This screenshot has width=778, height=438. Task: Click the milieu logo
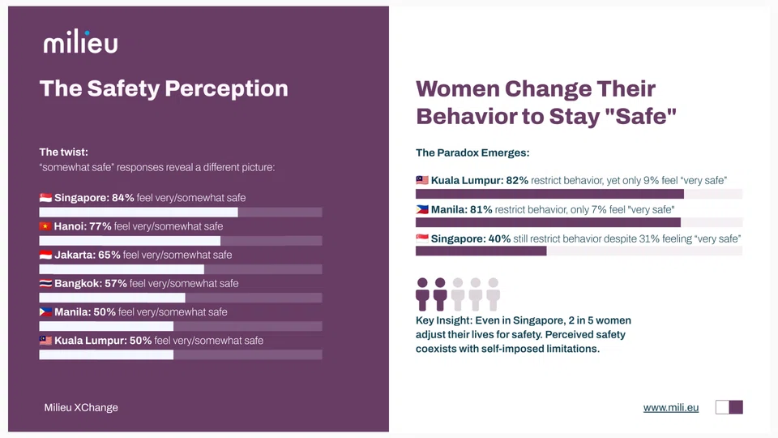tap(80, 42)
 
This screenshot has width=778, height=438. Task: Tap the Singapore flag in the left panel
tap(45, 198)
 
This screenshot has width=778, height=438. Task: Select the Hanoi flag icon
tap(45, 226)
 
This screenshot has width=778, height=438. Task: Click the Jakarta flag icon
tap(45, 255)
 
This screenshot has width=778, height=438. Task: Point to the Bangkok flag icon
tap(45, 284)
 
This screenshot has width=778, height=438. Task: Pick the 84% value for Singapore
tap(123, 198)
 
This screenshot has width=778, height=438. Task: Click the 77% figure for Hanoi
tap(100, 226)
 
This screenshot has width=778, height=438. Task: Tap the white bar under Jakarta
tap(122, 269)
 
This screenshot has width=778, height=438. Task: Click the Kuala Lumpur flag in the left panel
tap(45, 341)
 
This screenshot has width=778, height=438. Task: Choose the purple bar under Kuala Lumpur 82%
tap(549, 194)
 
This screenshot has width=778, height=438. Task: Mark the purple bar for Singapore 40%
tap(481, 251)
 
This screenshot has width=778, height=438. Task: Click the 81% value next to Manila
tap(481, 209)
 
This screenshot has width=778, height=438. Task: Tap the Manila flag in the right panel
tap(421, 209)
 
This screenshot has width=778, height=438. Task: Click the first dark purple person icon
tap(422, 294)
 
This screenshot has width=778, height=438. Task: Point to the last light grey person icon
tap(493, 294)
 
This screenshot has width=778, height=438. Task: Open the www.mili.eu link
tap(670, 407)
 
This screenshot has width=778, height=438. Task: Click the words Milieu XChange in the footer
tap(81, 407)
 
